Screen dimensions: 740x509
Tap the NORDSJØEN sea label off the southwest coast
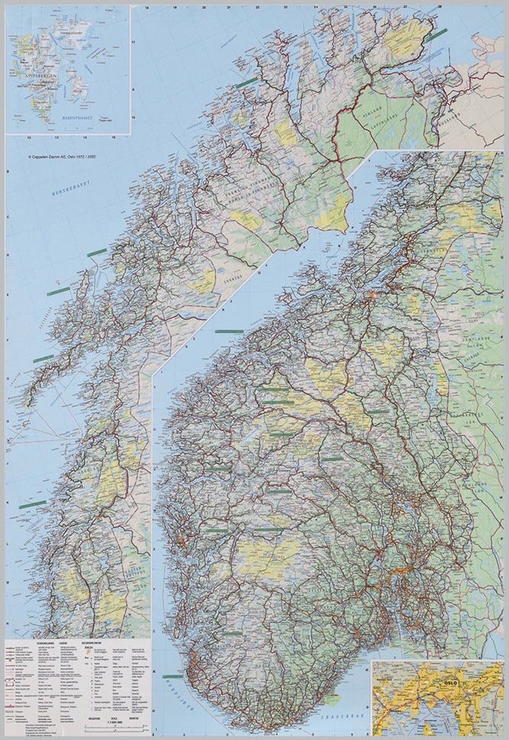coord(169,688)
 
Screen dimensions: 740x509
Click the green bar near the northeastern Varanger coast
coord(436,34)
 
